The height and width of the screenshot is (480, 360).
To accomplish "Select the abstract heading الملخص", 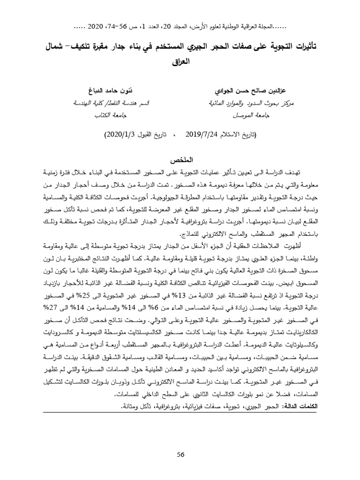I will [180, 160].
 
